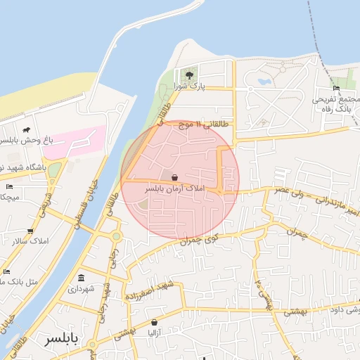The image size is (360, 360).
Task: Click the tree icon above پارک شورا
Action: pos(188,75)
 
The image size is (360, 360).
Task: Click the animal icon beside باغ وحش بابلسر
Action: pos(26,130)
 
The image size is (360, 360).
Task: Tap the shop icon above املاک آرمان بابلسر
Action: pos(174,178)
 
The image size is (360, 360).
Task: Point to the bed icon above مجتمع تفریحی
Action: pos(336,88)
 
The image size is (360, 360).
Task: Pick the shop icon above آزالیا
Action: pos(154,323)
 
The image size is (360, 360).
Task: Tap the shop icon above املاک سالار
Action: pos(30,231)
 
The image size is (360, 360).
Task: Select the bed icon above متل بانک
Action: pos(6,271)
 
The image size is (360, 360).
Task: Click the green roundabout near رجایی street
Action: pos(115,237)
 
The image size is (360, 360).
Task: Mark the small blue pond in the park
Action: pos(264,82)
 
